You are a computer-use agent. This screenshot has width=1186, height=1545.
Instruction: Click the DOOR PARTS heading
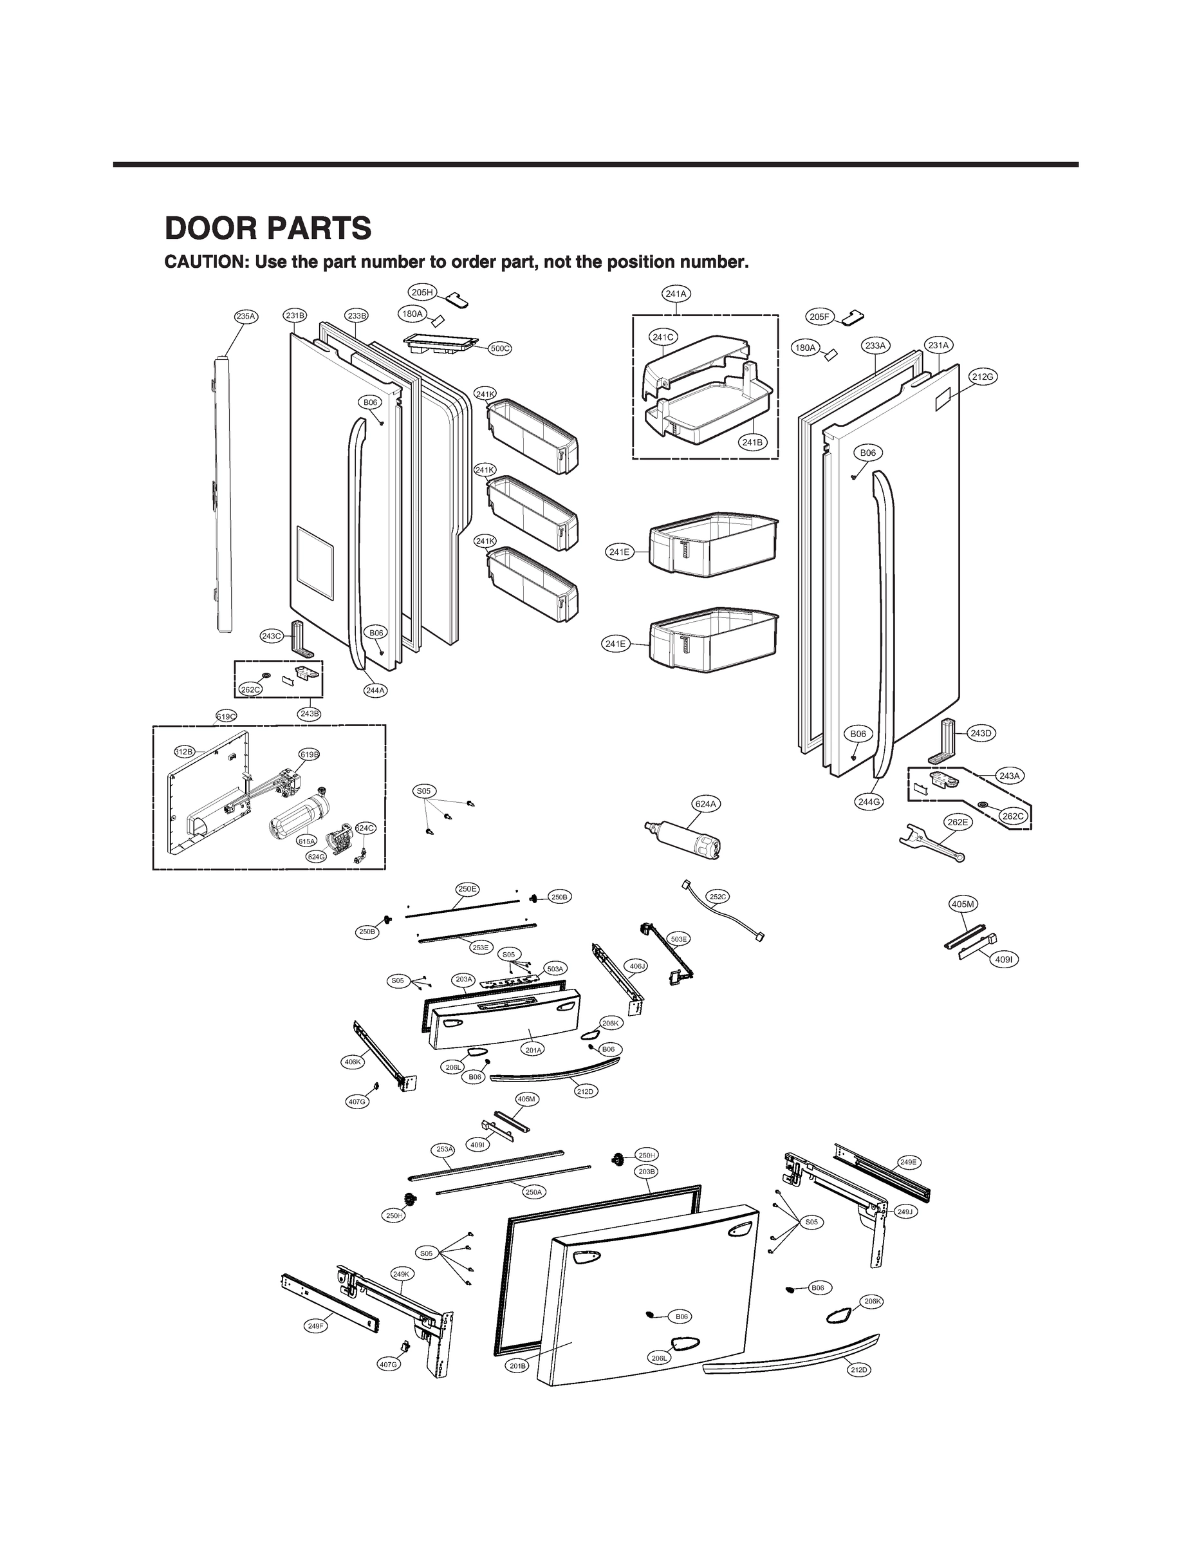click(x=268, y=228)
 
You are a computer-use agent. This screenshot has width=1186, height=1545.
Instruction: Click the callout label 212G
click(x=983, y=377)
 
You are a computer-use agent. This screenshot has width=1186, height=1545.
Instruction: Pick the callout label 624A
click(x=705, y=803)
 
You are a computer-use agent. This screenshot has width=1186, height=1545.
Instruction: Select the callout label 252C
click(x=718, y=897)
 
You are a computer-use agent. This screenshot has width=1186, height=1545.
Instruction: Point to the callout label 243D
click(x=981, y=733)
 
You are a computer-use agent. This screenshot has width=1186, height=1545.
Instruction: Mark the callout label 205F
click(x=820, y=317)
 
